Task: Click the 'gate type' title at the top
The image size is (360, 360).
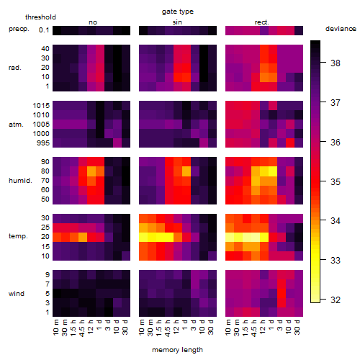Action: coord(178,12)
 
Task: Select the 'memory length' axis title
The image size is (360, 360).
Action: coord(177,350)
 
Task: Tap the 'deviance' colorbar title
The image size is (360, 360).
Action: coord(341,29)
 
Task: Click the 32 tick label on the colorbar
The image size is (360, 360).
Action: coord(336,300)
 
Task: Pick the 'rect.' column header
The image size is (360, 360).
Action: coord(262,22)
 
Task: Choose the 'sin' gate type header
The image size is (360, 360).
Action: coord(177,22)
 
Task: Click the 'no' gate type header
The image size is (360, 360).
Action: coord(93,22)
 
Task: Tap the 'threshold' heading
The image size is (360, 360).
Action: coord(40,17)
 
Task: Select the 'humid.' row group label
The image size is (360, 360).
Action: coord(20,181)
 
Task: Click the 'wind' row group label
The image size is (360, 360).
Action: coord(17,294)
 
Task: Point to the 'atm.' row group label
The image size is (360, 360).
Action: coord(16,125)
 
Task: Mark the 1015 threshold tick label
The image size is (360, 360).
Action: coord(41,106)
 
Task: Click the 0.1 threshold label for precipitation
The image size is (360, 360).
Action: coord(44,30)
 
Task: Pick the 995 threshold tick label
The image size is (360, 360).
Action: coord(43,143)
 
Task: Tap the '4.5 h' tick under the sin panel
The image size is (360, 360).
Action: coord(168,328)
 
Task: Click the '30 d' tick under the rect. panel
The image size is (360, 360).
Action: coord(297,327)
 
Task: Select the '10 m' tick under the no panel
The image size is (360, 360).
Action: coord(55,328)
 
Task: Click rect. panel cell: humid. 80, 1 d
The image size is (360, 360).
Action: coord(273,171)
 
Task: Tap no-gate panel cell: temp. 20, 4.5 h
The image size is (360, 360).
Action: coord(83,237)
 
